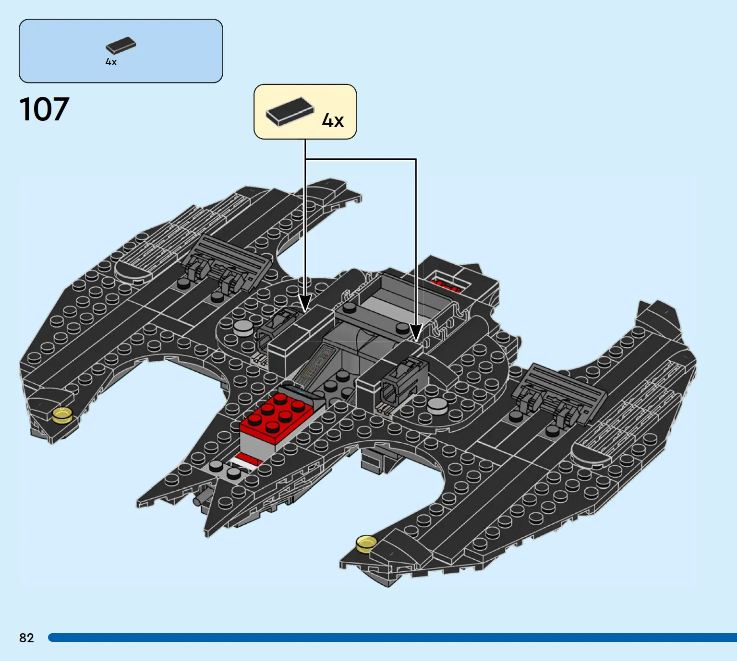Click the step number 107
point(44,109)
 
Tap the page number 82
point(26,638)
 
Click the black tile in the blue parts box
point(121,46)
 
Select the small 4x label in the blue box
point(111,62)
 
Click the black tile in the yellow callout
point(290,111)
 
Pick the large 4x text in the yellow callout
point(333,120)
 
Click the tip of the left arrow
point(305,311)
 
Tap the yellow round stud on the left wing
point(62,415)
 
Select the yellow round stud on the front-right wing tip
point(367,544)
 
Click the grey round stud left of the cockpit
point(242,328)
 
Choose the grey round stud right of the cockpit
point(437,406)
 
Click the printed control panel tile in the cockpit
point(315,365)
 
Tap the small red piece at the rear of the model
point(445,286)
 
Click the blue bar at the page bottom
point(393,637)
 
